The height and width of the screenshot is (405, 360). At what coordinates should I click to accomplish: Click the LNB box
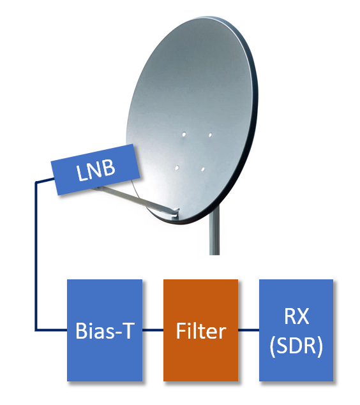pyautogui.click(x=95, y=170)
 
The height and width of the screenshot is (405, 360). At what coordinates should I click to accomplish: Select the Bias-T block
pyautogui.click(x=105, y=330)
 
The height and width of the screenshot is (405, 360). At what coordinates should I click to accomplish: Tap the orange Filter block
pyautogui.click(x=201, y=330)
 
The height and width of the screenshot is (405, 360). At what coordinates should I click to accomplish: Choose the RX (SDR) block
pyautogui.click(x=296, y=330)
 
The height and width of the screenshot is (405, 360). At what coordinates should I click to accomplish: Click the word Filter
pyautogui.click(x=201, y=330)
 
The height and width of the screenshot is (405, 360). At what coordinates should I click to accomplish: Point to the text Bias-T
pyautogui.click(x=105, y=330)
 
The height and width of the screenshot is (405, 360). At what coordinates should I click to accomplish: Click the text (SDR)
pyautogui.click(x=296, y=346)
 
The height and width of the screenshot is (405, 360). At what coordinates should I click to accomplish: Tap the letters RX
pyautogui.click(x=296, y=316)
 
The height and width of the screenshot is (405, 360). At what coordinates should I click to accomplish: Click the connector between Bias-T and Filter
pyautogui.click(x=153, y=330)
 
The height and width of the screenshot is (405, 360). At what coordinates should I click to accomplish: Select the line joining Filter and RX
pyautogui.click(x=248, y=330)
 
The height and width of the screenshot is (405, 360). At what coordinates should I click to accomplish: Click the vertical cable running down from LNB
pyautogui.click(x=36, y=256)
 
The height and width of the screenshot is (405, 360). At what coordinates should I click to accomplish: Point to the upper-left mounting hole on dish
pyautogui.click(x=184, y=135)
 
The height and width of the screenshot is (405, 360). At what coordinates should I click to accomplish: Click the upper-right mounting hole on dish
pyautogui.click(x=211, y=135)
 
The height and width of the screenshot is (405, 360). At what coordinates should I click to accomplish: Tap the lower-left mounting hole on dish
pyautogui.click(x=177, y=168)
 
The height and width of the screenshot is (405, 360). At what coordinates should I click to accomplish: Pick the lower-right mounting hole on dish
pyautogui.click(x=203, y=169)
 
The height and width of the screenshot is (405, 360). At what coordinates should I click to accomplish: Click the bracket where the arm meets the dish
pyautogui.click(x=175, y=212)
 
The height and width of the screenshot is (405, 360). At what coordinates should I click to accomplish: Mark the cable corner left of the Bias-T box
pyautogui.click(x=36, y=330)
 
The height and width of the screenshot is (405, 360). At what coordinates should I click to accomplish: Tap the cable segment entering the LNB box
pyautogui.click(x=45, y=180)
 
